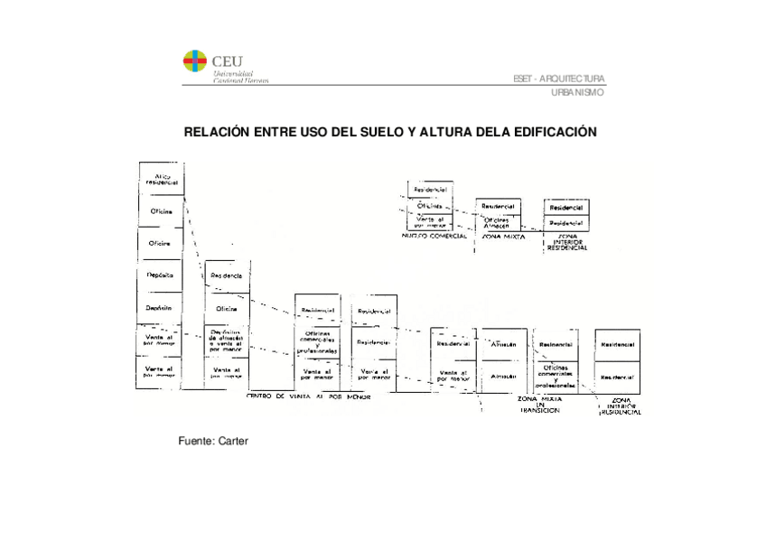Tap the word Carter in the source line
pos(232,441)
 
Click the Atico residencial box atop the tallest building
pos(163,178)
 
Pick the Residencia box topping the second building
pos(226,275)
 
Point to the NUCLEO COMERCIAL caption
pos(434,236)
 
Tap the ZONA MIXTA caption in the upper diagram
pos(503,236)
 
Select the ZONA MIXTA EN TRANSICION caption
pos(540,404)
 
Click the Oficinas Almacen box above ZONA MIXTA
pos(498,221)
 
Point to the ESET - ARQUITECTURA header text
pos(559,79)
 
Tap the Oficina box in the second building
pos(226,309)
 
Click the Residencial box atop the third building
pos(315,309)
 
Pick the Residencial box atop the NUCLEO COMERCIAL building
pos(430,190)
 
